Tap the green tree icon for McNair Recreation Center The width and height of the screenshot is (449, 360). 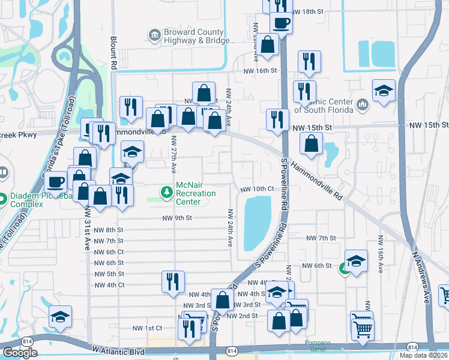[166, 192]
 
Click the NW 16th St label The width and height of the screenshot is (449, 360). [259, 71]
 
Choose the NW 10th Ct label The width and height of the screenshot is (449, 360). [257, 189]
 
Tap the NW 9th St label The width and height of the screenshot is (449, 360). [175, 218]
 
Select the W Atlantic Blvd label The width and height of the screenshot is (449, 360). [120, 349]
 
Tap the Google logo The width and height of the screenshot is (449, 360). [20, 353]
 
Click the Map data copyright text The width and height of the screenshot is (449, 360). [423, 355]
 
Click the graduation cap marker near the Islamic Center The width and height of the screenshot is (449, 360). [384, 91]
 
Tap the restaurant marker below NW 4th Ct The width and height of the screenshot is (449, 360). [173, 281]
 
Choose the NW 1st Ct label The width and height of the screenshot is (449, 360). [147, 328]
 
